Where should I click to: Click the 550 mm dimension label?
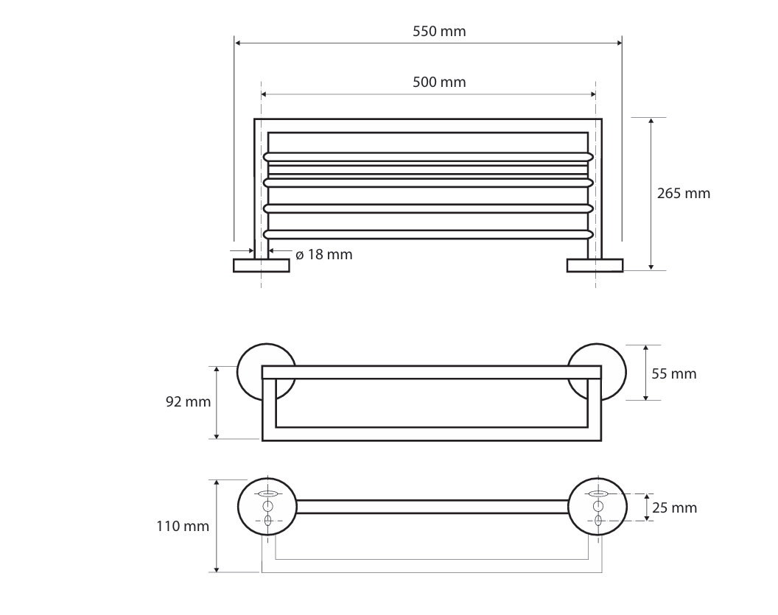pos(439,32)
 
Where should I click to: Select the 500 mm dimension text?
pos(439,82)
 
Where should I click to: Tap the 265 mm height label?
pos(684,194)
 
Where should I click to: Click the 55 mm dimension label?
pos(674,373)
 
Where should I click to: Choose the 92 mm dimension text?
pos(188,402)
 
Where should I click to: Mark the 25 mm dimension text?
pos(675,507)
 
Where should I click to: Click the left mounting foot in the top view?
pos(261,265)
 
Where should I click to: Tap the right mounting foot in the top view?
pos(595,265)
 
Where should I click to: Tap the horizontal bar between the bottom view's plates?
pos(432,507)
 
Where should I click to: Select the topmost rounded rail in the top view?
pos(429,156)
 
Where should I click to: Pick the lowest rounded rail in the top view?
pos(429,234)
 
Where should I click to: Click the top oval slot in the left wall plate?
pos(267,493)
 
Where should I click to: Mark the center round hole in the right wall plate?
pos(597,507)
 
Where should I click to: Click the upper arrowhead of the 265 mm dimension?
pos(651,122)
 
